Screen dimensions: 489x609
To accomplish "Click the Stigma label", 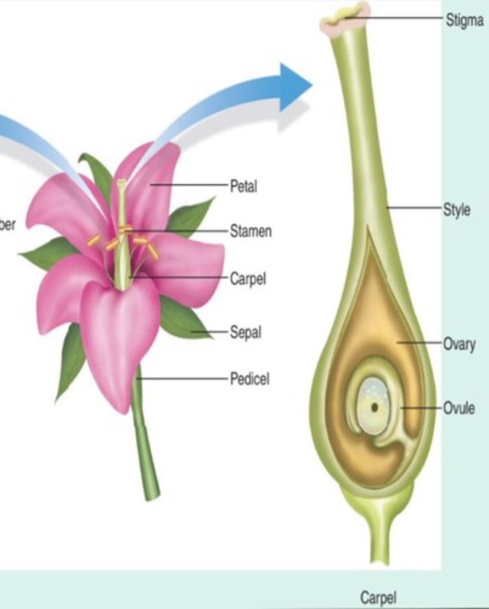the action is click(464, 21).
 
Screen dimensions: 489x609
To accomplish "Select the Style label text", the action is click(456, 210).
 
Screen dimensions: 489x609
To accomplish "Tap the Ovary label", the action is click(459, 344).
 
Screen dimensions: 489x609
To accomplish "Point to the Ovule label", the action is click(459, 408).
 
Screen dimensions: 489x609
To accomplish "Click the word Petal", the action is click(243, 186).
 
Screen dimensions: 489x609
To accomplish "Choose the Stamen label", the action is click(251, 231).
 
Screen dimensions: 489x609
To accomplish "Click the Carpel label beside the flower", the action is click(248, 279).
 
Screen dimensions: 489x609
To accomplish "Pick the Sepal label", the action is click(246, 333).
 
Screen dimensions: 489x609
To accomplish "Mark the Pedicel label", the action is click(250, 379).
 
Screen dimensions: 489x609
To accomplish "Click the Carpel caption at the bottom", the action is click(378, 597).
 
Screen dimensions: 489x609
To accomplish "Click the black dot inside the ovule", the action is click(374, 407).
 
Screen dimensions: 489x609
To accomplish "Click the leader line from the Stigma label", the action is click(396, 18).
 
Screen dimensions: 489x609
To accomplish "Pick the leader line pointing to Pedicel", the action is click(183, 379).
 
